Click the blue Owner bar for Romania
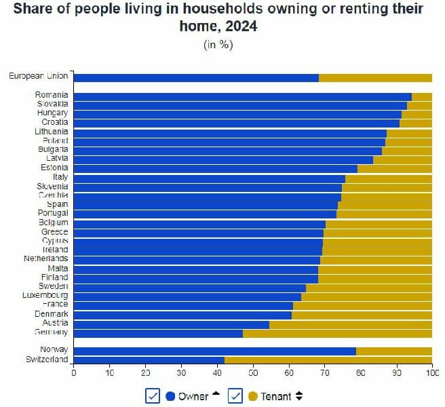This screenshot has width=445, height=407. (242, 97)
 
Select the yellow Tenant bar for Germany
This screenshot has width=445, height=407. (337, 334)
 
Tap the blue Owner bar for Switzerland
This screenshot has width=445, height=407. (149, 360)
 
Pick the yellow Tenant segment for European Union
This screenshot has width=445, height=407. (375, 77)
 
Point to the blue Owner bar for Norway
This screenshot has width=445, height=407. (214, 351)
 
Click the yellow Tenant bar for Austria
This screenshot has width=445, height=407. (351, 324)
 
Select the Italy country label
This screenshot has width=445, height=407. (60, 177)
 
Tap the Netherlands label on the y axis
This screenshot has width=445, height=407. (45, 259)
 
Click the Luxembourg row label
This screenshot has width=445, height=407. (45, 296)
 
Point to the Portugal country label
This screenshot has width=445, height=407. (52, 214)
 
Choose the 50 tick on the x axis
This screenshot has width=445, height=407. (253, 373)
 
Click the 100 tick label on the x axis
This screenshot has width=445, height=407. (431, 373)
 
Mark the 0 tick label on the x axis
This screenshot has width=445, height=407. (73, 373)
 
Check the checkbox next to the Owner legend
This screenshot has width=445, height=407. (153, 396)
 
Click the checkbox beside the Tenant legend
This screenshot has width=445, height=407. (235, 396)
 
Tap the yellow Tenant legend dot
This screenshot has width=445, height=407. (253, 396)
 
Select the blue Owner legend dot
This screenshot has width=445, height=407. (170, 396)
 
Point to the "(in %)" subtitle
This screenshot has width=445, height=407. (218, 44)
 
